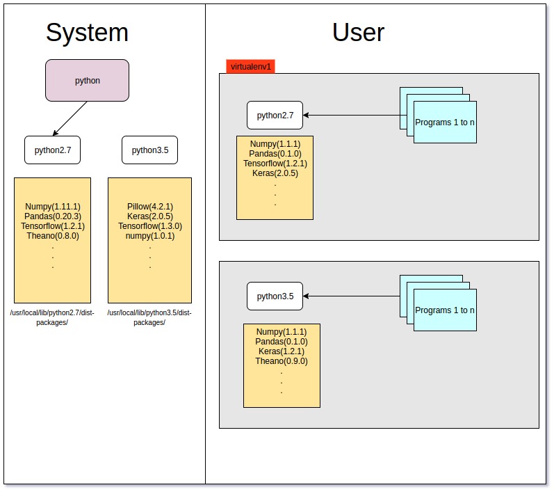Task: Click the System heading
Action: pyautogui.click(x=87, y=33)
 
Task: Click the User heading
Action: pyautogui.click(x=358, y=33)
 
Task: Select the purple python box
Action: pyautogui.click(x=88, y=81)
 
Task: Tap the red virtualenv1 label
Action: pyautogui.click(x=251, y=67)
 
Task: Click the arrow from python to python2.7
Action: pyautogui.click(x=70, y=118)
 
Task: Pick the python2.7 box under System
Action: pyautogui.click(x=53, y=150)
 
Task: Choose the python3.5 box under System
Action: pyautogui.click(x=149, y=150)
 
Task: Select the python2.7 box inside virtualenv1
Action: pyautogui.click(x=275, y=116)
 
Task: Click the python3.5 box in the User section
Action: pyautogui.click(x=275, y=296)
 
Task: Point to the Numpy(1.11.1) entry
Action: pyautogui.click(x=53, y=207)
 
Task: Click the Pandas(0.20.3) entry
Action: pyautogui.click(x=53, y=216)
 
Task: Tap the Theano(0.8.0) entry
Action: pyautogui.click(x=53, y=236)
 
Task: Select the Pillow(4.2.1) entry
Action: pyautogui.click(x=150, y=207)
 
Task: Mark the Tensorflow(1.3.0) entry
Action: pyautogui.click(x=150, y=226)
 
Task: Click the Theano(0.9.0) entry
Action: pyautogui.click(x=282, y=361)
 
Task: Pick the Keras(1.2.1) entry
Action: pyautogui.click(x=282, y=351)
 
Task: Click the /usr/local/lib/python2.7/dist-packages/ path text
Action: pyautogui.click(x=52, y=317)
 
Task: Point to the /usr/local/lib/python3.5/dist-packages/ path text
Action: pyautogui.click(x=149, y=317)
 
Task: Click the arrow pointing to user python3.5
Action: pyautogui.click(x=351, y=296)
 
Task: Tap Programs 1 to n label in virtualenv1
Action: pyautogui.click(x=445, y=122)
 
